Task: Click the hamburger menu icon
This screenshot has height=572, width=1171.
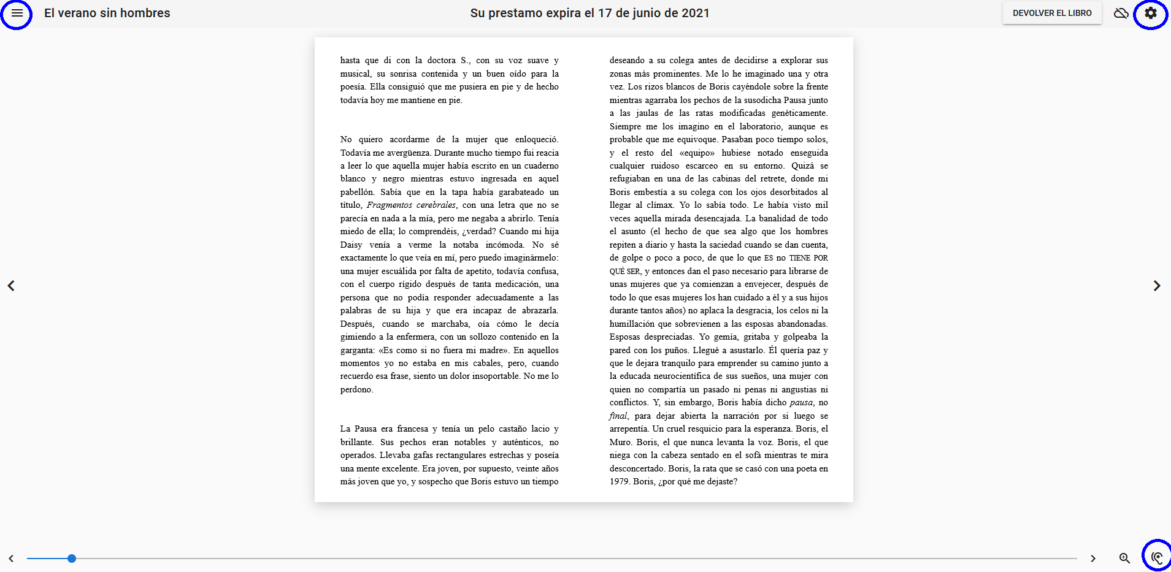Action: [x=17, y=13]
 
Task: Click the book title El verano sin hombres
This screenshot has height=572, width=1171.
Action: [x=107, y=13]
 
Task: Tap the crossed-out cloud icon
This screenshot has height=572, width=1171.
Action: [x=1121, y=13]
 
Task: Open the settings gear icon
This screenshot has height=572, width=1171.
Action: [x=1150, y=13]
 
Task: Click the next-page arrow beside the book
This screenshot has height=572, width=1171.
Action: [x=1156, y=286]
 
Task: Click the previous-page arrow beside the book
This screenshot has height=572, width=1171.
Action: [x=11, y=286]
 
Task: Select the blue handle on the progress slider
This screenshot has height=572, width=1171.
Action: [x=72, y=559]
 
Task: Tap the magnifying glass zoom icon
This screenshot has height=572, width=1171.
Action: [x=1124, y=559]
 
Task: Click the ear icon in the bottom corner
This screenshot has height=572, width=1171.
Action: [x=1157, y=557]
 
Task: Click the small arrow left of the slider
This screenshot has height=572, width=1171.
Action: [x=11, y=559]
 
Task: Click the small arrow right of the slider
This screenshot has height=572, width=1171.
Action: [x=1092, y=559]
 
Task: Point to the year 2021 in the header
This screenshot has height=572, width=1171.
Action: [x=695, y=13]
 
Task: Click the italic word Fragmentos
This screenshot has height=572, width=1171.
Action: [x=389, y=205]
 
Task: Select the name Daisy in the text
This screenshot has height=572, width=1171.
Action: [x=351, y=245]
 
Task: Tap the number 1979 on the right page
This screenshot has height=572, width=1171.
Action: [x=620, y=482]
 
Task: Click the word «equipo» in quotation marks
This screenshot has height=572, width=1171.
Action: [x=697, y=153]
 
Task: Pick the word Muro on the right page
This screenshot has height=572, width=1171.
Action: [x=620, y=442]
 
